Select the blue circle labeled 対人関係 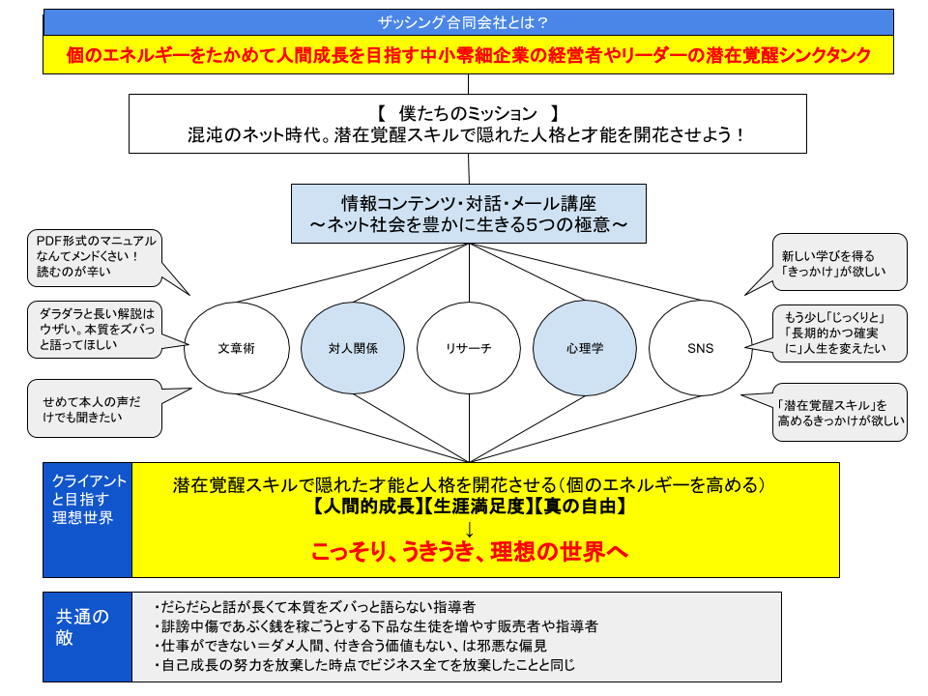tap(353, 348)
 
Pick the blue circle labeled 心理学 tap(585, 348)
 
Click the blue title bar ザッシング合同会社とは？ tap(468, 22)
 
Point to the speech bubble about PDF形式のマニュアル tap(95, 257)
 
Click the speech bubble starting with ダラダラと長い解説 tap(95, 330)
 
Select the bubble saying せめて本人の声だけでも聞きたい tap(95, 408)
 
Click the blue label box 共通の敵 tap(88, 637)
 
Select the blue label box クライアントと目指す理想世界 tap(88, 520)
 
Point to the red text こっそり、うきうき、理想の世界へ tap(470, 551)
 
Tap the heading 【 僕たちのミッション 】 tap(468, 112)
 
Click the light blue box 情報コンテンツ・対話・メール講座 tap(469, 214)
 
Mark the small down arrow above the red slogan tap(470, 529)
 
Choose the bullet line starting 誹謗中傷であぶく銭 tap(376, 626)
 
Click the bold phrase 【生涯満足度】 tap(478, 507)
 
